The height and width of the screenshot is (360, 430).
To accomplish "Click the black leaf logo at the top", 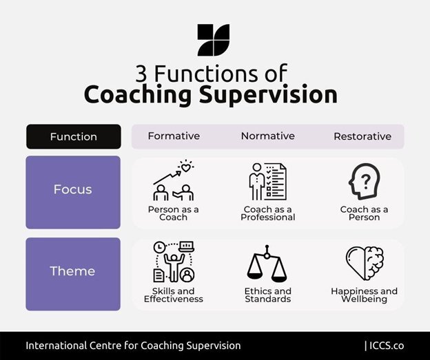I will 213,40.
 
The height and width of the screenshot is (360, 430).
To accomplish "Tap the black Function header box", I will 74,136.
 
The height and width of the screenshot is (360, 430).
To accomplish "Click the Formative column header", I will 174,136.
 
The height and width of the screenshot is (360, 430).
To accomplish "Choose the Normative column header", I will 268,136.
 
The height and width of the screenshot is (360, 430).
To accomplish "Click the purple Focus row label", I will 73,189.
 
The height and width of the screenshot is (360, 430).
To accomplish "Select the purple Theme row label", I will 73,271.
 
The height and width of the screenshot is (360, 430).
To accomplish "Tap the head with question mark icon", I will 364,181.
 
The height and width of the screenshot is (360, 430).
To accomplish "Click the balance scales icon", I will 267,264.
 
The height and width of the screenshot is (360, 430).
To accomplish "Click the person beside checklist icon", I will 267,181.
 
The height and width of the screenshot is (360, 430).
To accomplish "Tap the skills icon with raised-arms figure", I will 173,262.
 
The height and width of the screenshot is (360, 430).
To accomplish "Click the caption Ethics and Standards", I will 267,295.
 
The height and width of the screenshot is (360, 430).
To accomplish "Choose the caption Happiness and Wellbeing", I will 364,295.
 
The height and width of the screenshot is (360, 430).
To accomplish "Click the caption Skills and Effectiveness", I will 173,295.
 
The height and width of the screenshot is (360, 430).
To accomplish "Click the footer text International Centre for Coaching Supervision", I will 133,346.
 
